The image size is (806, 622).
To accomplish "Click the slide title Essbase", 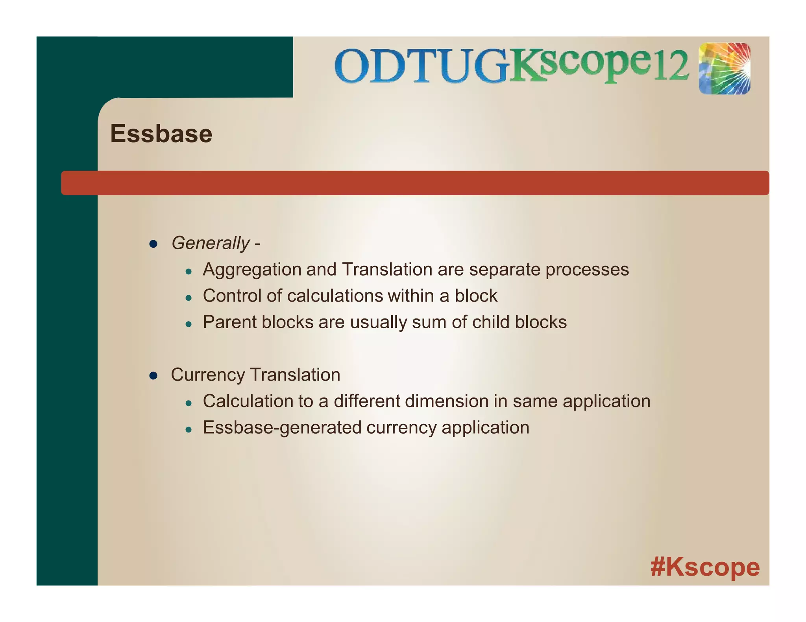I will [161, 134].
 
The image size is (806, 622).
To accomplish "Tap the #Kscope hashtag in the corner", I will [705, 567].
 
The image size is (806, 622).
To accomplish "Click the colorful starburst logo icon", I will [725, 69].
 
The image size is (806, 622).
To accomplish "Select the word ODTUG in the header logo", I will [421, 66].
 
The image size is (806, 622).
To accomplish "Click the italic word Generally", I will [211, 243].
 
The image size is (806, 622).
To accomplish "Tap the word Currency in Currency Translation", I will [207, 375].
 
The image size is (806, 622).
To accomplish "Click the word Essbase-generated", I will [281, 428].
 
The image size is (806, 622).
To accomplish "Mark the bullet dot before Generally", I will [153, 244].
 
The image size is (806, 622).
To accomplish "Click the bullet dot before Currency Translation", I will [153, 376].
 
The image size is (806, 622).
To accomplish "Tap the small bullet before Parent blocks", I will [189, 324].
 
